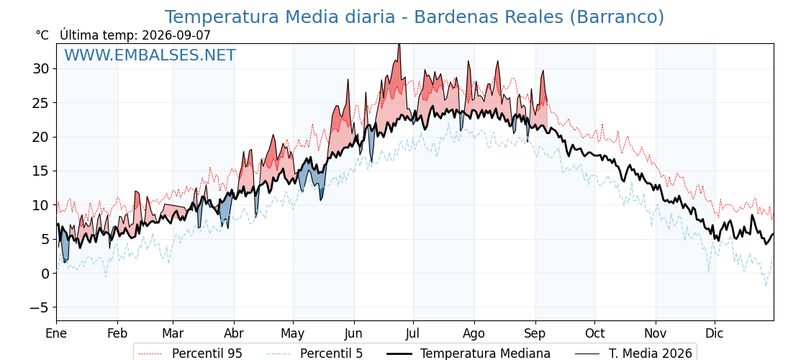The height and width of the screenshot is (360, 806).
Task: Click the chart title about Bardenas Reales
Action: tap(415, 17)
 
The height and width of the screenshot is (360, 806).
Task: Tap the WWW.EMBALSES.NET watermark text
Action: tap(150, 55)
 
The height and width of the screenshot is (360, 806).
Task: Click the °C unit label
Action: tap(42, 35)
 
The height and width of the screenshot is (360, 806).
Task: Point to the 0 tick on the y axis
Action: tap(45, 274)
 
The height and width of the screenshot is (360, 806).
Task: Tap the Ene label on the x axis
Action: tap(56, 333)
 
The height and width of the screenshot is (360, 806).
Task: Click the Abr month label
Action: tap(234, 333)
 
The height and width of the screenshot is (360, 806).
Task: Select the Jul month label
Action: tap(413, 333)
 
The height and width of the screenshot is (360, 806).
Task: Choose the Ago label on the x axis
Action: tap(474, 334)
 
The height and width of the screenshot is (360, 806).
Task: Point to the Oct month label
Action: tap(594, 333)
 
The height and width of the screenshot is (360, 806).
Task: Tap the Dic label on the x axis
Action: tap(715, 333)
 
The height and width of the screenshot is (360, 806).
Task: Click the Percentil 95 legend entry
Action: tap(191, 354)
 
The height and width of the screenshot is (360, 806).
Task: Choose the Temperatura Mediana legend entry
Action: tap(468, 354)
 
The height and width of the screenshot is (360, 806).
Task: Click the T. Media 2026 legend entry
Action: tap(634, 354)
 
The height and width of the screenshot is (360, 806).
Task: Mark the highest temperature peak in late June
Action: tap(399, 44)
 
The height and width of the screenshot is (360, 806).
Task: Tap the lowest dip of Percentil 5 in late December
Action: tap(766, 286)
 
